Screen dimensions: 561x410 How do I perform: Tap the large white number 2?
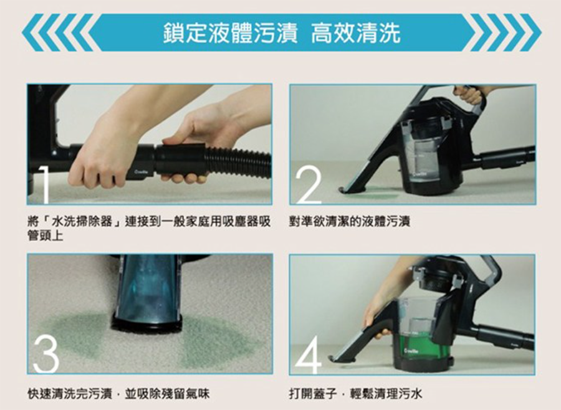click(309, 185)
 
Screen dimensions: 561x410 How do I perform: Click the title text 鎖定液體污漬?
click(229, 33)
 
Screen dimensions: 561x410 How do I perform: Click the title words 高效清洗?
click(355, 33)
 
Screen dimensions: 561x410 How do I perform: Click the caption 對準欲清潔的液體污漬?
click(350, 222)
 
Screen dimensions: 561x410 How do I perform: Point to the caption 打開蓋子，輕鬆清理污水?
click(356, 394)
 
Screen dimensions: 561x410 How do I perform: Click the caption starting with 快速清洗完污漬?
click(118, 394)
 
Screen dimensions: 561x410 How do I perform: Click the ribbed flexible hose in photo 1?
click(239, 160)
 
